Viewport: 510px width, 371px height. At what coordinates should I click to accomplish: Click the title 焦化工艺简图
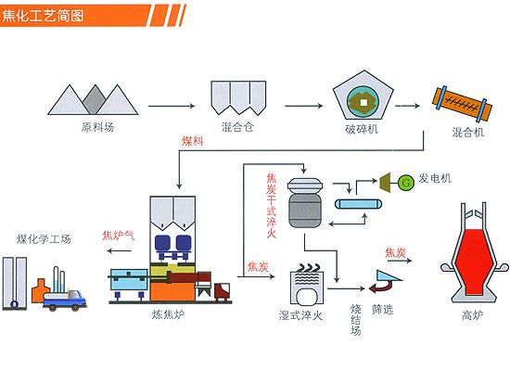pos(43,15)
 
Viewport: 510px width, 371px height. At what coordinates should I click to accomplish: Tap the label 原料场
pos(97,127)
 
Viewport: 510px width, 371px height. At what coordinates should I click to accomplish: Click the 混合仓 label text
pos(237,126)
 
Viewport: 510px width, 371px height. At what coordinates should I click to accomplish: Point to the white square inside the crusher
pos(363,103)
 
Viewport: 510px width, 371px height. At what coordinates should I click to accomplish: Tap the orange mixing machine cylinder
pos(462,104)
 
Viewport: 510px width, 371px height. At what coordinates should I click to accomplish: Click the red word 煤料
pos(193,141)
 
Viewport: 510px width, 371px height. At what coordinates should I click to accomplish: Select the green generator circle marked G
pos(405,182)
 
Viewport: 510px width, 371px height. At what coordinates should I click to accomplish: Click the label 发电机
pos(435,178)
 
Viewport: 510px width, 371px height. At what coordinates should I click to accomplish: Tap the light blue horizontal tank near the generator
pos(358,204)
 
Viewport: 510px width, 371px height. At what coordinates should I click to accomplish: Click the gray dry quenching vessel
pos(305,202)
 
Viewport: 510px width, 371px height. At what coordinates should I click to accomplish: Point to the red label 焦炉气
pos(119,235)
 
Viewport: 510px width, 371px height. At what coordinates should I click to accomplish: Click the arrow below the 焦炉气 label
pos(119,250)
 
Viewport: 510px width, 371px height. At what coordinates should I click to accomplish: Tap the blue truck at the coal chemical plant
pos(65,301)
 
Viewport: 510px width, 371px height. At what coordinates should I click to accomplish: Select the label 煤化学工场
pos(44,239)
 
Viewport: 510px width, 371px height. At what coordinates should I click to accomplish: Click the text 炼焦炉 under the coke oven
pos(168,314)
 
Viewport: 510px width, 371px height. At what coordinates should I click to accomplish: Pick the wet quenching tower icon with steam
pos(307,284)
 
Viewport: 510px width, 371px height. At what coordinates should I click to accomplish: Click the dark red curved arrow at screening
pos(381,287)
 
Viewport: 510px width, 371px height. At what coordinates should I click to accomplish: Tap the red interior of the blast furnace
pos(474,261)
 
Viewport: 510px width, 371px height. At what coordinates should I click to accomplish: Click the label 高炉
pos(473,314)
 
